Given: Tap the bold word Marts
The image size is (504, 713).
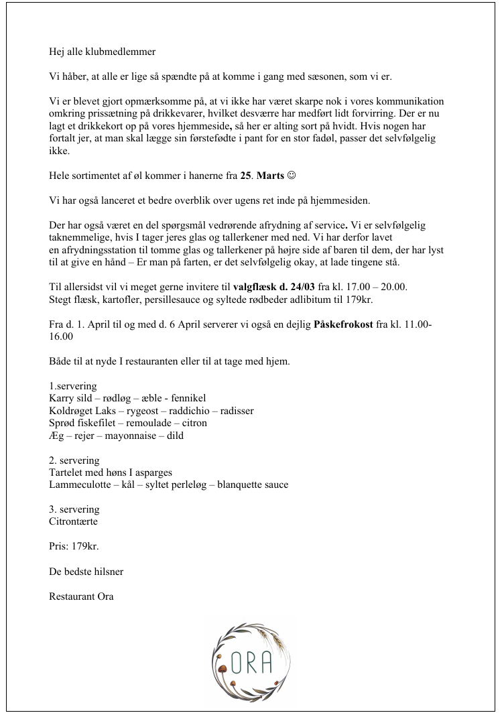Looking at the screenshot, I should click(x=270, y=176).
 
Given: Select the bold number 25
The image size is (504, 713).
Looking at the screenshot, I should click(x=246, y=176).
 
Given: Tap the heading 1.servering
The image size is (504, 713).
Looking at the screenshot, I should click(x=73, y=387).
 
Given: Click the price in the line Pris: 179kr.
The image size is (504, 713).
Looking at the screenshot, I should click(x=85, y=546).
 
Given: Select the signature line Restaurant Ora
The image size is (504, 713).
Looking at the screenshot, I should click(x=81, y=596).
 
